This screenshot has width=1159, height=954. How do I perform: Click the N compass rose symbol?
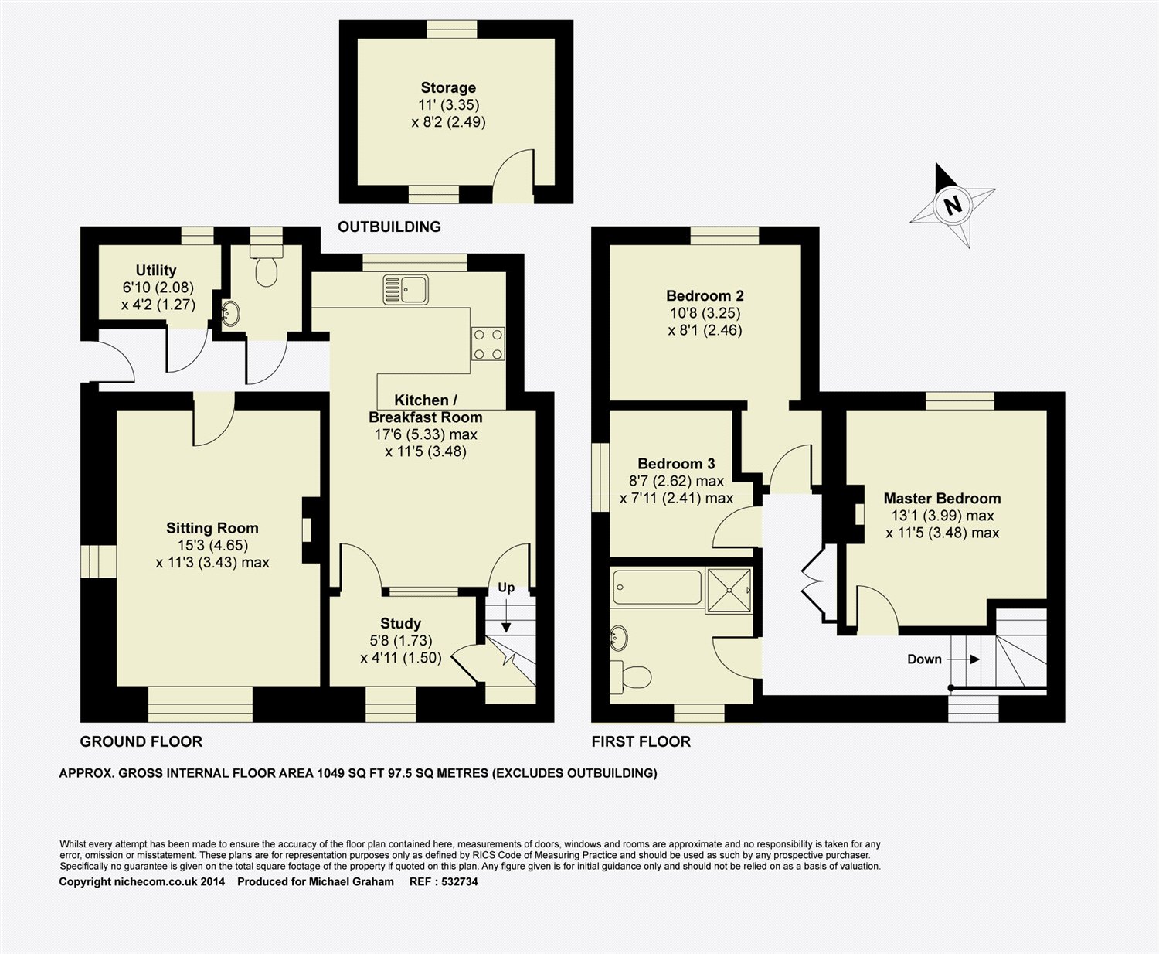(953, 206)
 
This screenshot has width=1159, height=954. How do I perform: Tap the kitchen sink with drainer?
(406, 290)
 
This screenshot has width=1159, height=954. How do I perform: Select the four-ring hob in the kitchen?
(488, 344)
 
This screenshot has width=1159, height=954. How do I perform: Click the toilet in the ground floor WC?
(267, 266)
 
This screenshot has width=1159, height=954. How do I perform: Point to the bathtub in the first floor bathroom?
(658, 588)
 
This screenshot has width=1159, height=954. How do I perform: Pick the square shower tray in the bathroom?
(729, 591)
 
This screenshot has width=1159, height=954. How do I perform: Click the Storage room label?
(448, 88)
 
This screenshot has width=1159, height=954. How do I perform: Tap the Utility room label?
(156, 271)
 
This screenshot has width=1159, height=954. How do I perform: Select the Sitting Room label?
(212, 529)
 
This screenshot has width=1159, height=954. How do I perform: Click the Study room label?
(400, 624)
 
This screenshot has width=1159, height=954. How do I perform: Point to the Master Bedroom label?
(942, 499)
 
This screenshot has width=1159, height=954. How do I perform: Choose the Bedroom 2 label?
(705, 296)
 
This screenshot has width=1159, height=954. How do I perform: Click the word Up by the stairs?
(506, 588)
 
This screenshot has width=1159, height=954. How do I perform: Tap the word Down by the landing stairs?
(924, 659)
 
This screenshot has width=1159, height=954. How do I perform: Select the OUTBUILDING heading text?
(389, 227)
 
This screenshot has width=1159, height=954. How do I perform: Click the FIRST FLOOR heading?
(641, 741)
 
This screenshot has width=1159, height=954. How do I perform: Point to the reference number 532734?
(460, 882)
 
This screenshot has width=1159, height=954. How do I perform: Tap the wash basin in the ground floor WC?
(230, 313)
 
